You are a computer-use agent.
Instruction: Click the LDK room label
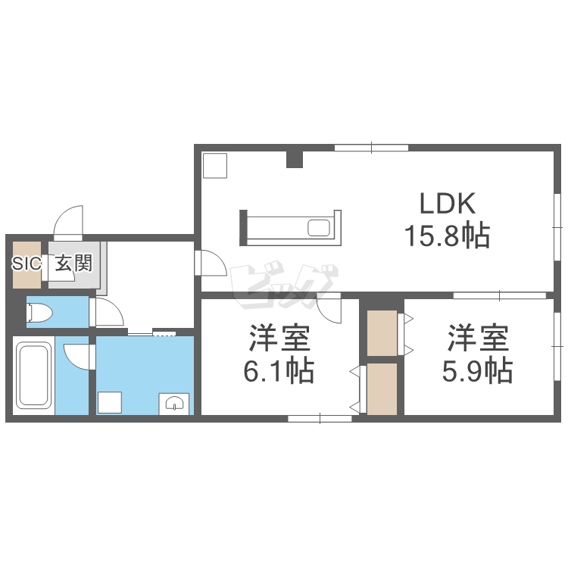click(448, 203)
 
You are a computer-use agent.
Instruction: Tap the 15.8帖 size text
click(448, 236)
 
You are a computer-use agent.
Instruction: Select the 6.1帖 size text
click(279, 371)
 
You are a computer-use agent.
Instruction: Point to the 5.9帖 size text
click(477, 371)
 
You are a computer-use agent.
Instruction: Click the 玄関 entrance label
click(74, 263)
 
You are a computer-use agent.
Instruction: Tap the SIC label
click(26, 264)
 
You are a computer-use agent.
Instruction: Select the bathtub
click(33, 376)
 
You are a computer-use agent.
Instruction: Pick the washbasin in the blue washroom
click(174, 404)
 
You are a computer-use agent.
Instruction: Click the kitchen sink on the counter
click(319, 228)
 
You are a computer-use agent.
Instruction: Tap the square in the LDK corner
click(215, 166)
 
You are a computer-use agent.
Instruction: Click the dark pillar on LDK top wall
click(295, 159)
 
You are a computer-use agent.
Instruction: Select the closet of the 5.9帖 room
click(382, 333)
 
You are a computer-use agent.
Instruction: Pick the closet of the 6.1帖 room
click(382, 389)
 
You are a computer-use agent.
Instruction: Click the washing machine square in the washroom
click(110, 402)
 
